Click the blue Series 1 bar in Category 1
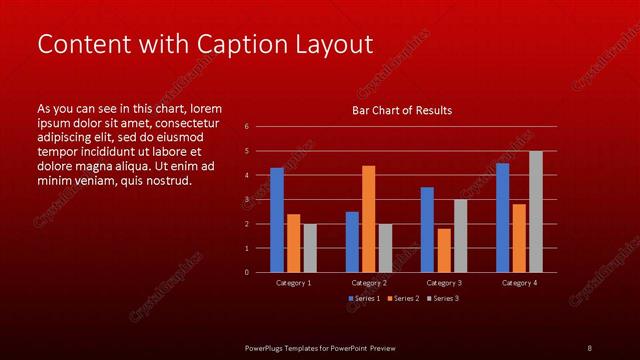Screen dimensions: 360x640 tap(277, 220)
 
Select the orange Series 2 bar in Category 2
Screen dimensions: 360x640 tap(368, 219)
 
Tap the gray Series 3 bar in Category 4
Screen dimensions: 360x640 tap(536, 212)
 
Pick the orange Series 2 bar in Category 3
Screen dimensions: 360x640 tap(444, 250)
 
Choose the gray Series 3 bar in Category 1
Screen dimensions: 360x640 tap(310, 248)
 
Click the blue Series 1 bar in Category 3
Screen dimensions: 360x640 tap(427, 230)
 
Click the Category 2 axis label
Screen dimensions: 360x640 tap(369, 283)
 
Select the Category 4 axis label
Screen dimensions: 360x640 tap(519, 283)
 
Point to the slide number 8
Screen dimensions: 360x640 tap(589, 347)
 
